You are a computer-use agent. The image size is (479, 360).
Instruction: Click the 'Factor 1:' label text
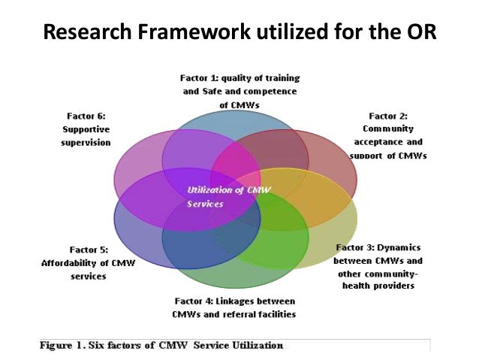tap(200, 77)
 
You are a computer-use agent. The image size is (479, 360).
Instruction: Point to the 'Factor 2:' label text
tap(388, 116)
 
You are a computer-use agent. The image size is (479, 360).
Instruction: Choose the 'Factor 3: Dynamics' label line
tap(378, 247)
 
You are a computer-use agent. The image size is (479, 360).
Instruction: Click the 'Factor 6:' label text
tap(86, 116)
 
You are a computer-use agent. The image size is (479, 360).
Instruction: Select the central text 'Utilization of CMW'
tap(224, 191)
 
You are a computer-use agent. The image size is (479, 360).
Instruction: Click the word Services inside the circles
tap(206, 204)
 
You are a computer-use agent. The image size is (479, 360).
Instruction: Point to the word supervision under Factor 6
tap(86, 143)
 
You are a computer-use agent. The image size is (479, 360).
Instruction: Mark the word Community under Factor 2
tap(389, 129)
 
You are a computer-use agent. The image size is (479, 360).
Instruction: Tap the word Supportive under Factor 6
tap(86, 129)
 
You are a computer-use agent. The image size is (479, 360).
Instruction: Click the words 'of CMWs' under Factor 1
tap(239, 105)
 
